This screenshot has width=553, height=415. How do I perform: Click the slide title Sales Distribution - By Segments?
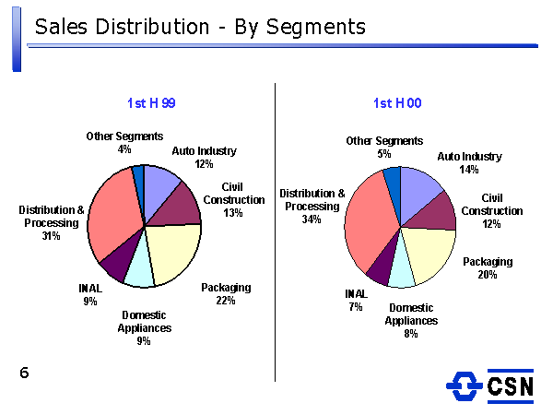[x=199, y=28]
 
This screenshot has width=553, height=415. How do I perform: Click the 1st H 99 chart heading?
[x=151, y=103]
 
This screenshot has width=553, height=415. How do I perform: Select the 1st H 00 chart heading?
[x=398, y=103]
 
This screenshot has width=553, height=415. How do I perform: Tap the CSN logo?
[x=490, y=385]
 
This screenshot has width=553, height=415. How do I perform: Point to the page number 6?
[x=24, y=373]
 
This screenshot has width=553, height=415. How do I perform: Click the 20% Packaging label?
[x=487, y=268]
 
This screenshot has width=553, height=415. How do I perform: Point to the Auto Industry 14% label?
[x=469, y=163]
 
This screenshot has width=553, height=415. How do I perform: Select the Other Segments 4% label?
[x=124, y=143]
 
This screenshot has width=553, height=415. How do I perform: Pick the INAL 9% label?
[x=90, y=294]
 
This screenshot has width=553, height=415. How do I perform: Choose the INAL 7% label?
[x=356, y=300]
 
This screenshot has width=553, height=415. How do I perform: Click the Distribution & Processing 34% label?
[x=312, y=207]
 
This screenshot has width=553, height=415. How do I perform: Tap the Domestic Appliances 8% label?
[x=411, y=321]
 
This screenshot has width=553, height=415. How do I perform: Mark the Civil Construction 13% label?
[x=233, y=200]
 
